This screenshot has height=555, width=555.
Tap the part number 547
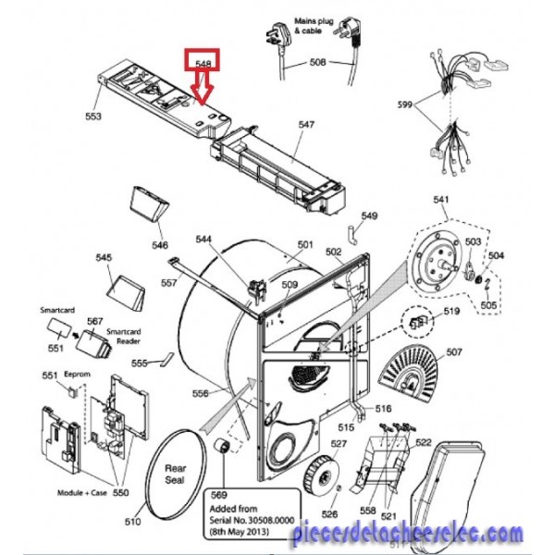point(307,123)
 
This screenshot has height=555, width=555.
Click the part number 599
point(404,105)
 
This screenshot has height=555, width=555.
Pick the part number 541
point(440,200)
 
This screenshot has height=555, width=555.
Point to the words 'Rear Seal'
point(175,474)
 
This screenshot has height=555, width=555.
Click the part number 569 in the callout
point(219,495)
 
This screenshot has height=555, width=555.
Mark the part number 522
point(423,443)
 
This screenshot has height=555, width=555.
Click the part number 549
point(369,216)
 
